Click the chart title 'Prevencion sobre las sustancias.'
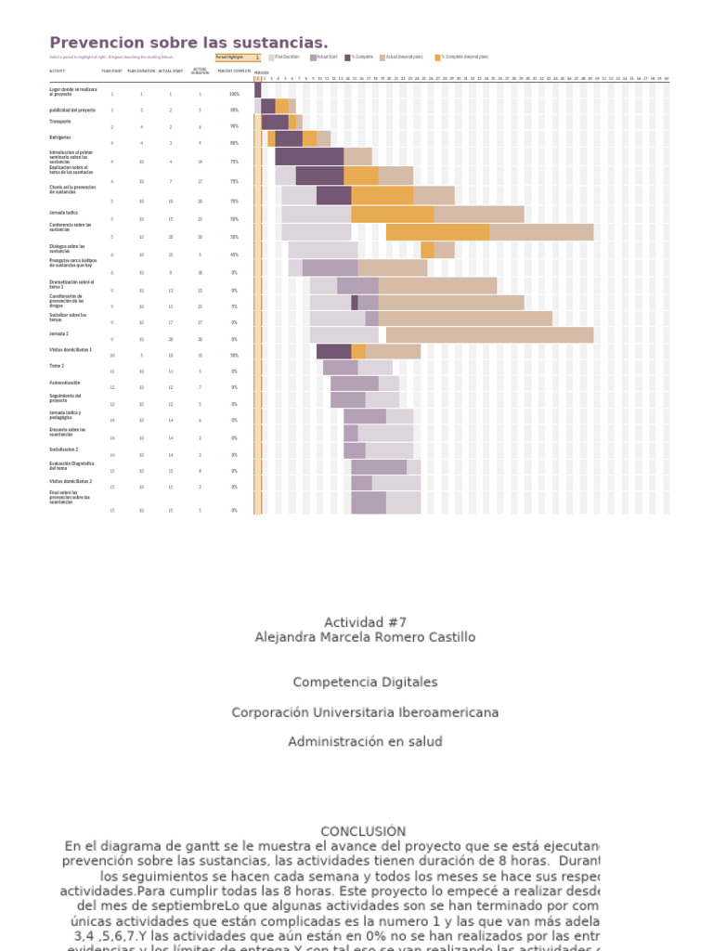(188, 43)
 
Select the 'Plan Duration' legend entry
(285, 57)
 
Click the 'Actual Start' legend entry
(326, 57)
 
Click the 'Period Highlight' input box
(238, 57)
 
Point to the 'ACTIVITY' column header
(58, 71)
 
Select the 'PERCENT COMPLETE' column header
(234, 71)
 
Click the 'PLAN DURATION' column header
(141, 71)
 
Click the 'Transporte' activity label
(60, 122)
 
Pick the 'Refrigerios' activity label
(60, 137)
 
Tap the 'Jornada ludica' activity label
(64, 213)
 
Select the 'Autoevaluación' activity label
(65, 383)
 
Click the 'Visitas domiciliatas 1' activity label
(71, 350)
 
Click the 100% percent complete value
(234, 94)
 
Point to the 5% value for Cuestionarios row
(234, 306)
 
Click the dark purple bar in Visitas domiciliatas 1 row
(333, 351)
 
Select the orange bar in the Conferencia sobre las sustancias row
(437, 232)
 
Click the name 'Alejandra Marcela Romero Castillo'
(365, 637)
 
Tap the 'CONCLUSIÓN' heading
(363, 831)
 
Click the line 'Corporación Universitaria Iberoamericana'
(365, 712)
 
